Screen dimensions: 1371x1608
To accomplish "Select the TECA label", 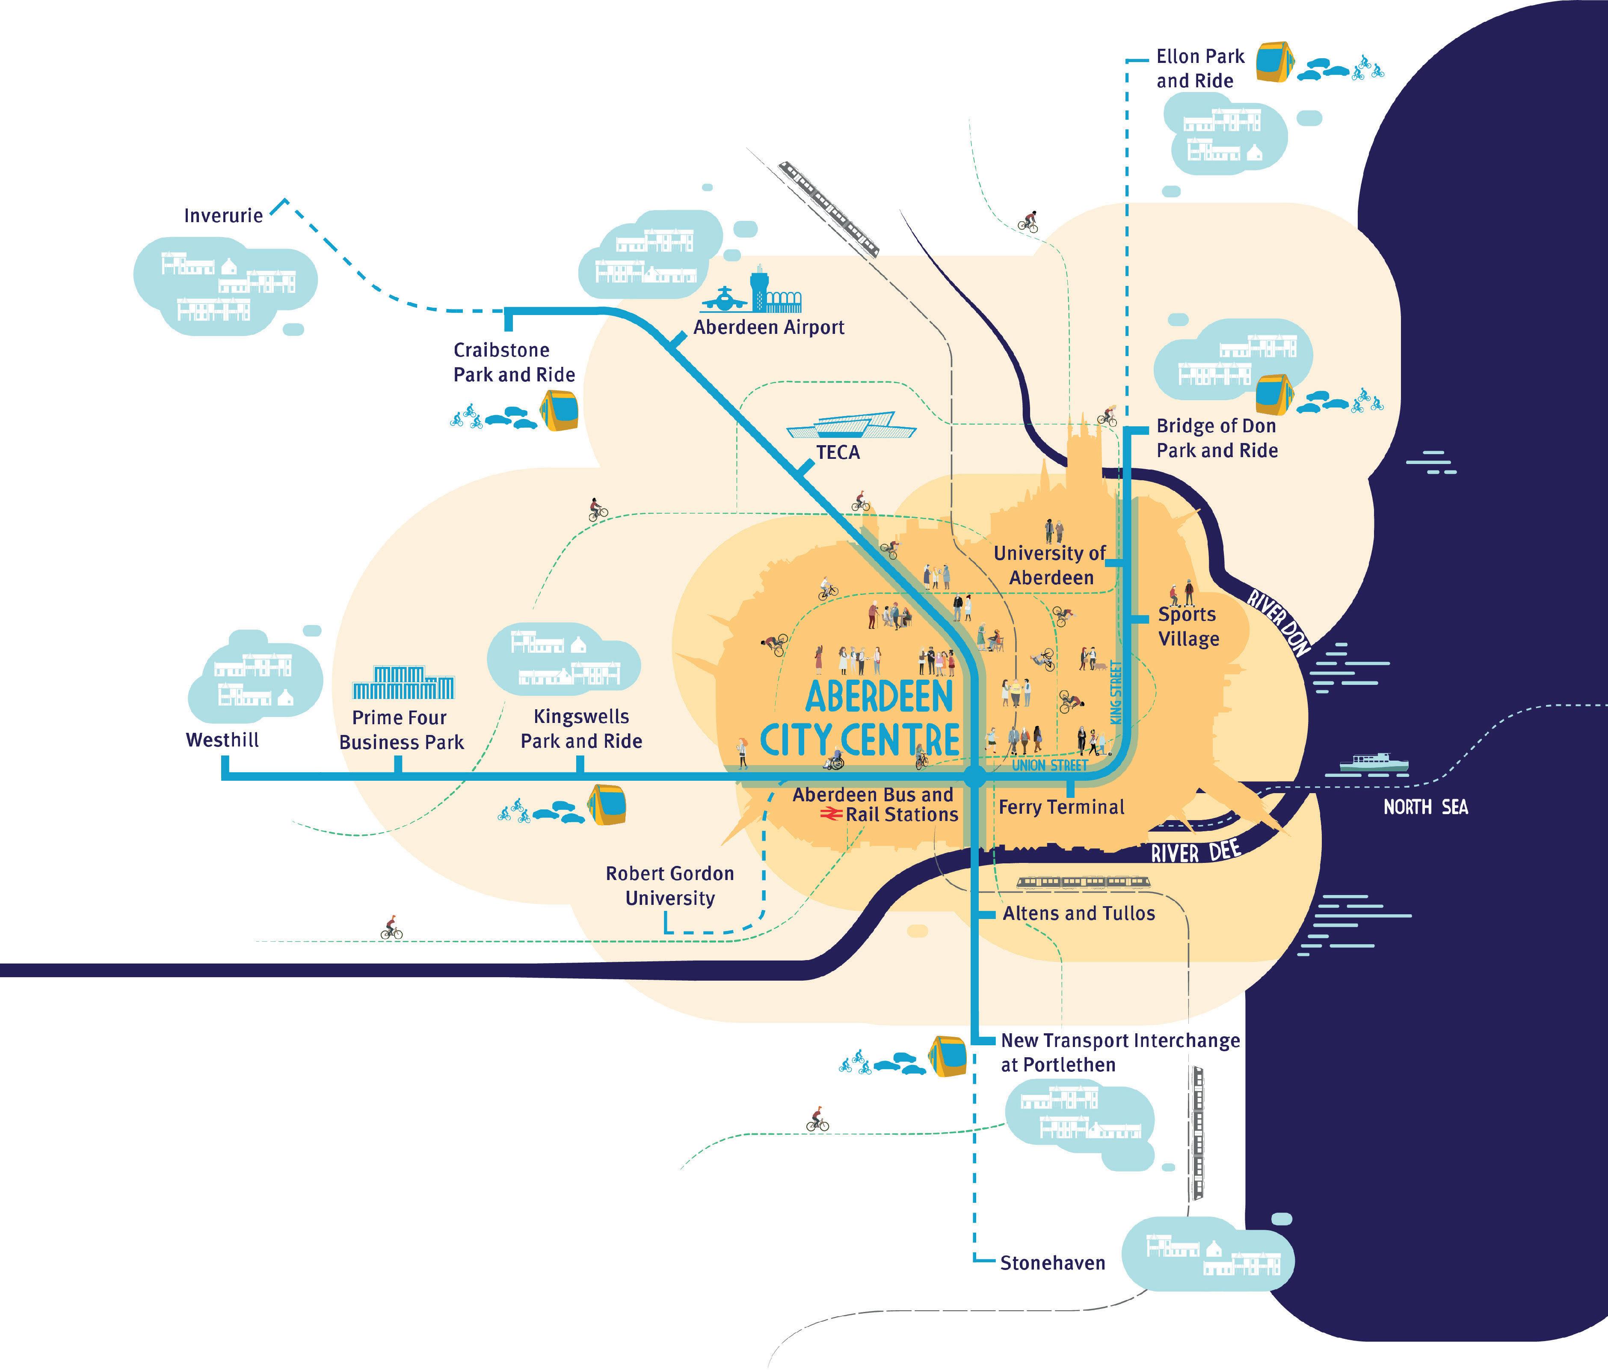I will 838,452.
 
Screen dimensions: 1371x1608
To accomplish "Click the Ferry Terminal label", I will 1061,807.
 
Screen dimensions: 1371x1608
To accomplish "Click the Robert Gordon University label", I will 670,886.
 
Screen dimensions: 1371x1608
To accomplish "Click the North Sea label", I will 1426,807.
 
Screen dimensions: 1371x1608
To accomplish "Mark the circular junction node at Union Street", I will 975,776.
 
